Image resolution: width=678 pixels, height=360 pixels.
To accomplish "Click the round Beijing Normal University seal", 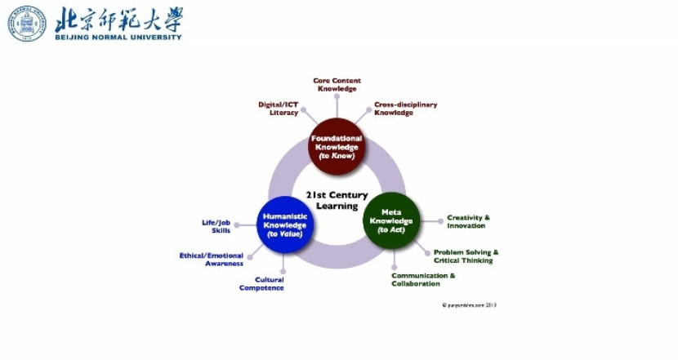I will (x=27, y=24).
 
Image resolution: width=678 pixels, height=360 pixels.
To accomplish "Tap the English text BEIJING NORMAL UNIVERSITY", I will (x=118, y=37).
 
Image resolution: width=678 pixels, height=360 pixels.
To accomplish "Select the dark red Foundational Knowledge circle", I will (x=336, y=148).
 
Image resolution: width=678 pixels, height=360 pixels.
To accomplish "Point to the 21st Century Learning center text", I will (x=337, y=201).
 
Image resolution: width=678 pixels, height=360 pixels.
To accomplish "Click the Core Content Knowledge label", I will (x=337, y=85).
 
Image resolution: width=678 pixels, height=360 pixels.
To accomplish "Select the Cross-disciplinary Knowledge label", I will (x=405, y=109).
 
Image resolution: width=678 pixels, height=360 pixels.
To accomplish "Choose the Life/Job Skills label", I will (x=216, y=226).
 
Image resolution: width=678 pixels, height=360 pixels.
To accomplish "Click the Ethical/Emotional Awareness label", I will (x=212, y=260).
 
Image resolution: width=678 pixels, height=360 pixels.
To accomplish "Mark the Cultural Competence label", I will (x=261, y=284).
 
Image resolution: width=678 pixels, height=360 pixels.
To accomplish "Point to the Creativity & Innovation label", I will (x=468, y=221).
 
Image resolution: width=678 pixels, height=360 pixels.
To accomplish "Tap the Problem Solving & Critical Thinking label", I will (x=466, y=256).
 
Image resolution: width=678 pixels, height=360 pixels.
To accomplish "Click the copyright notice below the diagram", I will (x=469, y=305).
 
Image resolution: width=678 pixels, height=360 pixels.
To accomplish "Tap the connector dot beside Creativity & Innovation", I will (x=439, y=220).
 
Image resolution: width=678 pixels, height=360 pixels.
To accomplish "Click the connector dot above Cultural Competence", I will (x=283, y=270).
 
